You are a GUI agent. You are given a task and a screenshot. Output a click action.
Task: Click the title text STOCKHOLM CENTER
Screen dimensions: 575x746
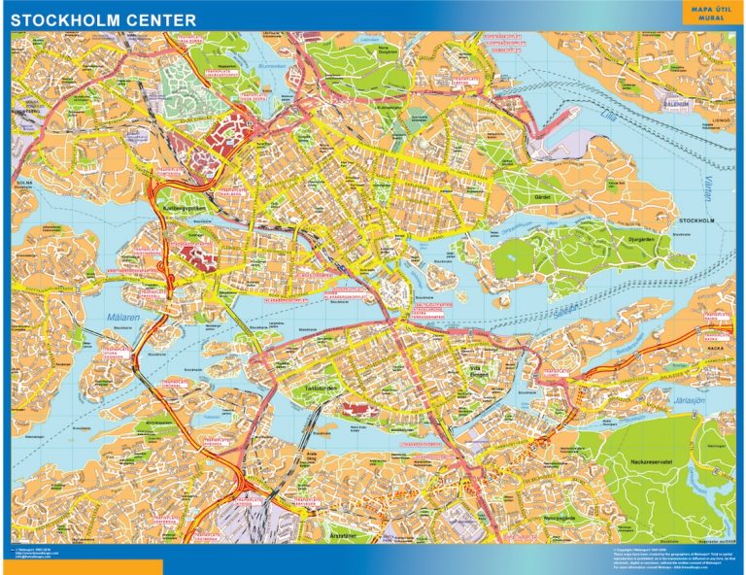(103, 19)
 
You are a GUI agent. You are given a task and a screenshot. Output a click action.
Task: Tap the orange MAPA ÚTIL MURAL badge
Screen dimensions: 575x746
(706, 13)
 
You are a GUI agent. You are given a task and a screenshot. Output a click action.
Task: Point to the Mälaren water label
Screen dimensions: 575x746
(119, 318)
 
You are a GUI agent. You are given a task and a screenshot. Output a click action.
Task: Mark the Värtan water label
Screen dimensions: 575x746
(706, 184)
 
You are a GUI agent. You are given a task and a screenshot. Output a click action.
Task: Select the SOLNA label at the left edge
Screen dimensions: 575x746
(24, 182)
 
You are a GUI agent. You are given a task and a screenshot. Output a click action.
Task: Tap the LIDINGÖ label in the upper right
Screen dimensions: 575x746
(721, 121)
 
